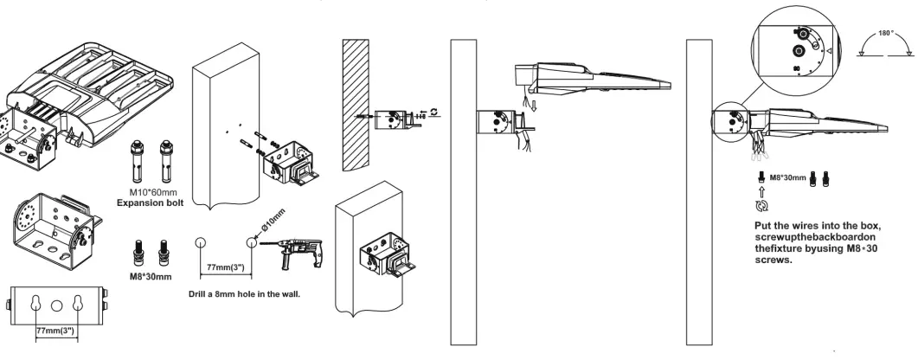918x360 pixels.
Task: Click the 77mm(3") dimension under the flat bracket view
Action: (57, 331)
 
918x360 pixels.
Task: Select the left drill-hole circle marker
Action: (200, 243)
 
